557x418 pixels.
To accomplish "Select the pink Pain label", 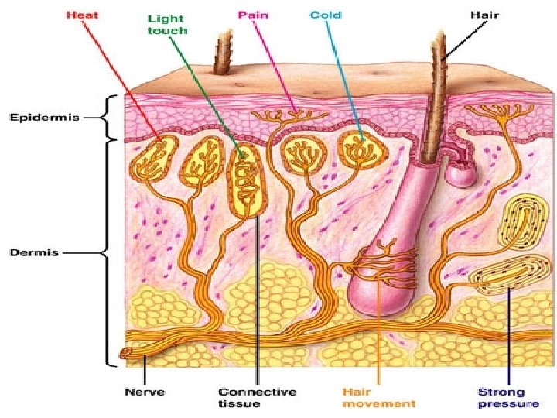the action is pyautogui.click(x=252, y=15).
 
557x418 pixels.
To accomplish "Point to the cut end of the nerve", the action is pyautogui.click(x=125, y=355).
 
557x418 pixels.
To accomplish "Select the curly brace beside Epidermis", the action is pyautogui.click(x=114, y=118).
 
